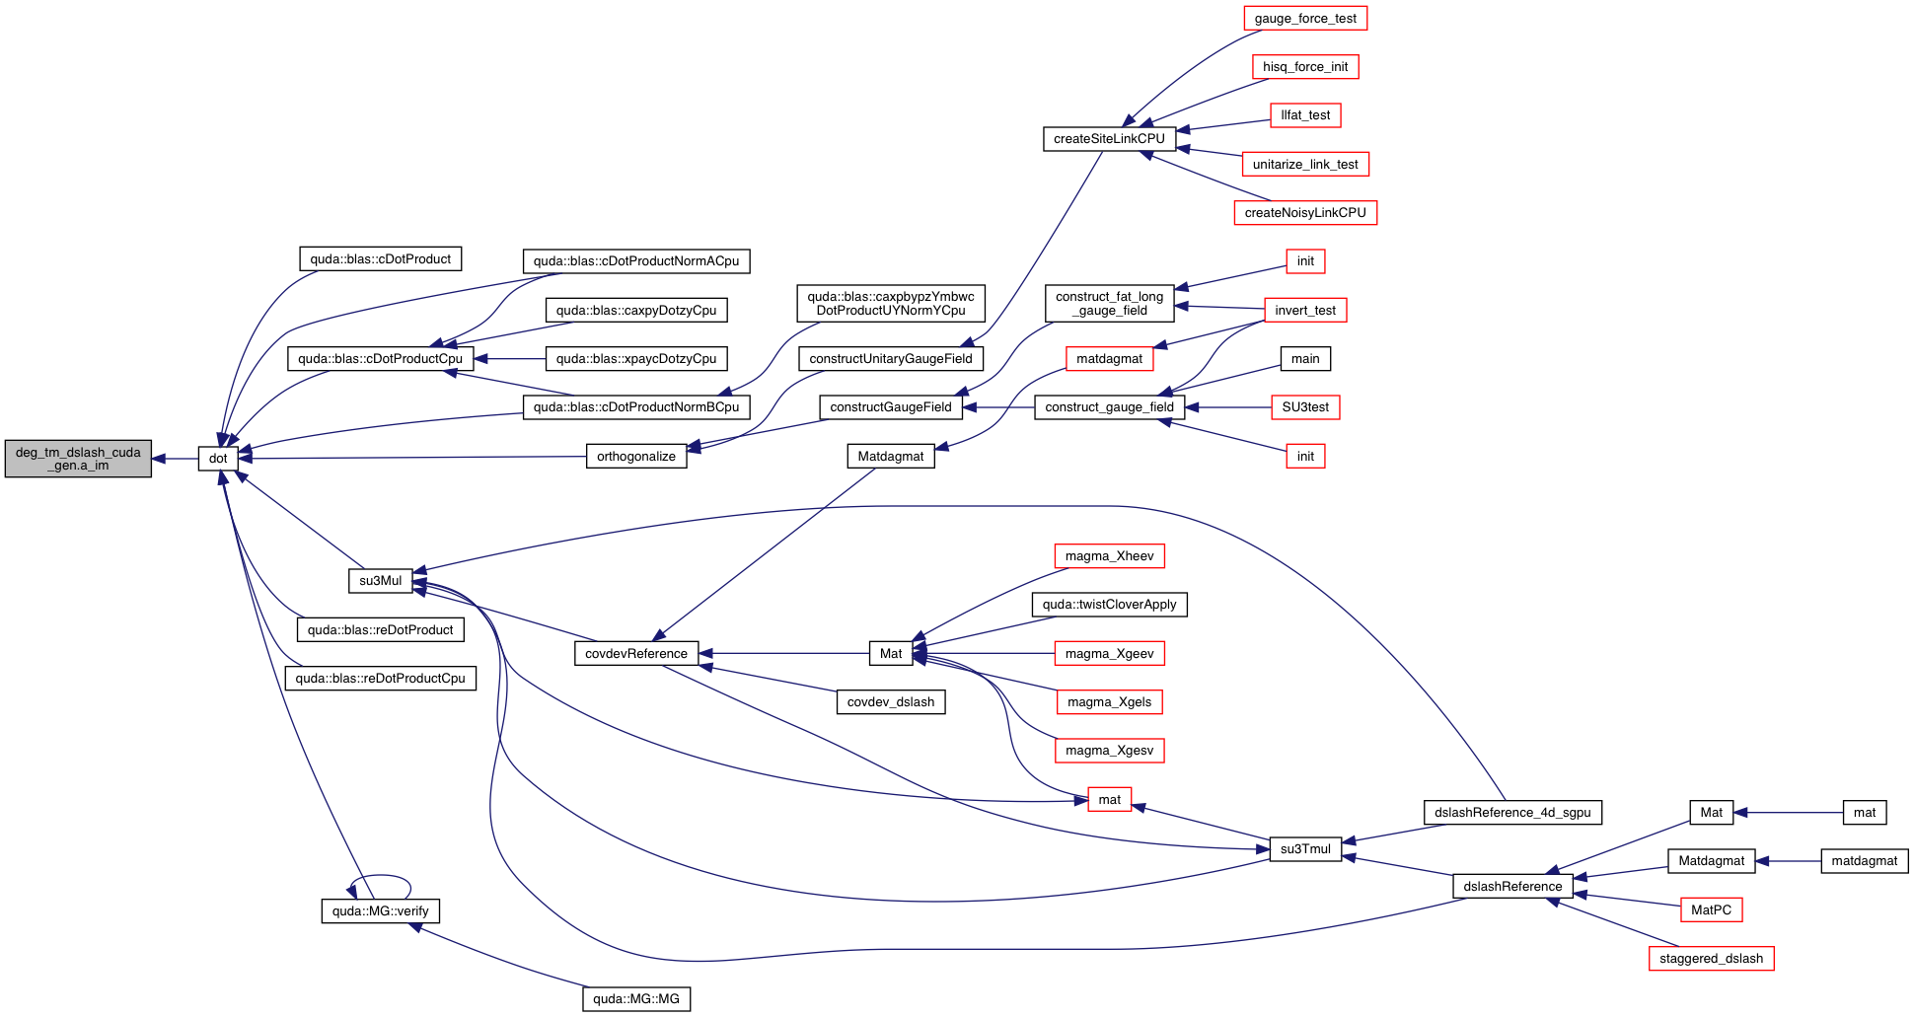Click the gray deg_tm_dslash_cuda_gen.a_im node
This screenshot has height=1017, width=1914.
(x=78, y=459)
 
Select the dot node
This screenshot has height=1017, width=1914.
(x=218, y=459)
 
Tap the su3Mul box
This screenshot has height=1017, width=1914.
(x=380, y=581)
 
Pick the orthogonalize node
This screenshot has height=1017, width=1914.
(x=636, y=457)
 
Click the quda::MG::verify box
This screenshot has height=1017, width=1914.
(x=380, y=911)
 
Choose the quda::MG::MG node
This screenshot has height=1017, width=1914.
(x=636, y=999)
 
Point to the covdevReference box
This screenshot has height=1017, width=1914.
(x=636, y=654)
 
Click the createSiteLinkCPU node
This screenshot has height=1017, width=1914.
(x=1109, y=139)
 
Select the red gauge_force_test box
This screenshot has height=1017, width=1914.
(x=1305, y=19)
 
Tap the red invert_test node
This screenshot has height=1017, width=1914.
(x=1305, y=311)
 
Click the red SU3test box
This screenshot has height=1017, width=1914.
(x=1305, y=407)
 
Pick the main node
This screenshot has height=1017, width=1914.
(x=1305, y=359)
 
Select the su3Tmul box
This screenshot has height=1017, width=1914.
(x=1305, y=849)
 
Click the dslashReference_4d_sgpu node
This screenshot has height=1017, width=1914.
(x=1512, y=813)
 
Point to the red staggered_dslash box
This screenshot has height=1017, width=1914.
(x=1711, y=959)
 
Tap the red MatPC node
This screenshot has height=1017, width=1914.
(x=1711, y=910)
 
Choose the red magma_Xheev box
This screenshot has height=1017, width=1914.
(x=1109, y=556)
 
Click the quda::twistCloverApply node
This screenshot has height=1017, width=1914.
(x=1109, y=605)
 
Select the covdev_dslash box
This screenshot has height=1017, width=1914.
(x=891, y=702)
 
